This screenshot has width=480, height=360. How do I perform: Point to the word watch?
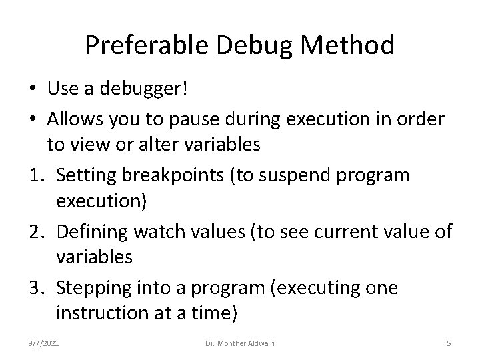159,231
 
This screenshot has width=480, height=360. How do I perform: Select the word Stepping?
93,288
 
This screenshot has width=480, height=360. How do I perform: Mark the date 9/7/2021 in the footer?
44,344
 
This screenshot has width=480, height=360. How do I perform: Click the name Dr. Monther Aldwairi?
241,344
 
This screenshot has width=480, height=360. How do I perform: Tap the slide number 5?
449,344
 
